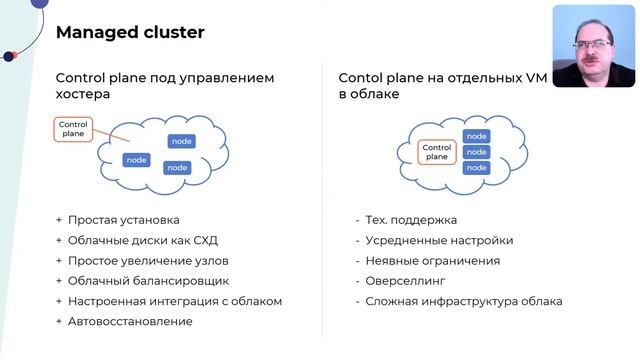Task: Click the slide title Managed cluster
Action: coord(130,33)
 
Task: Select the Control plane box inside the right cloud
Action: coord(436,152)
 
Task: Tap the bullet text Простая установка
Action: coord(125,219)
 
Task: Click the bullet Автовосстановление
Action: coord(130,321)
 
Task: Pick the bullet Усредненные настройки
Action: coord(439,240)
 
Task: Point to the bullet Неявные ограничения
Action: coord(432,260)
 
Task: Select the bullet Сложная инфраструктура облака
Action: coord(464,301)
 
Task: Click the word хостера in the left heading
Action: coord(83,94)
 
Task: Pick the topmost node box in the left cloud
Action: coord(181,141)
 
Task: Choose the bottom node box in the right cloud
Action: coord(477,168)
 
